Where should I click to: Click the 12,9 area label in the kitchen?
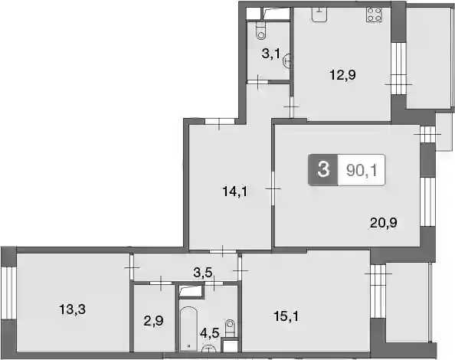pyautogui.click(x=342, y=75)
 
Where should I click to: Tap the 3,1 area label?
pyautogui.click(x=270, y=54)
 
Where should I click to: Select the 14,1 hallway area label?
pyautogui.click(x=234, y=191)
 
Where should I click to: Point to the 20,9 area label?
pyautogui.click(x=384, y=224)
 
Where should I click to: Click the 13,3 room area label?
pyautogui.click(x=73, y=309)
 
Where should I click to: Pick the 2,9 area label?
pyautogui.click(x=153, y=321)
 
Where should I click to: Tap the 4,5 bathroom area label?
pyautogui.click(x=210, y=333)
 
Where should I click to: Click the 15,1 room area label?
pyautogui.click(x=286, y=316)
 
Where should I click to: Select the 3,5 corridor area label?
pyautogui.click(x=203, y=273)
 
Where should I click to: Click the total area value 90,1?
pyautogui.click(x=362, y=170)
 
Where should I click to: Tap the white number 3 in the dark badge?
pyautogui.click(x=323, y=170)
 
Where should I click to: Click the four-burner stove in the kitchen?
pyautogui.click(x=374, y=15)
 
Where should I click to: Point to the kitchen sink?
pyautogui.click(x=319, y=15)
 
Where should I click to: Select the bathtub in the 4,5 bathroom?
pyautogui.click(x=188, y=329)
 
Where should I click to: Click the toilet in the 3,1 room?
pyautogui.click(x=261, y=31)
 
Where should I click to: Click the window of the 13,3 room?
pyautogui.click(x=8, y=293)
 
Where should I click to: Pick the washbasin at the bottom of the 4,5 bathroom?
pyautogui.click(x=209, y=348)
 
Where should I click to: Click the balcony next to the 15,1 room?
pyautogui.click(x=408, y=302)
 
